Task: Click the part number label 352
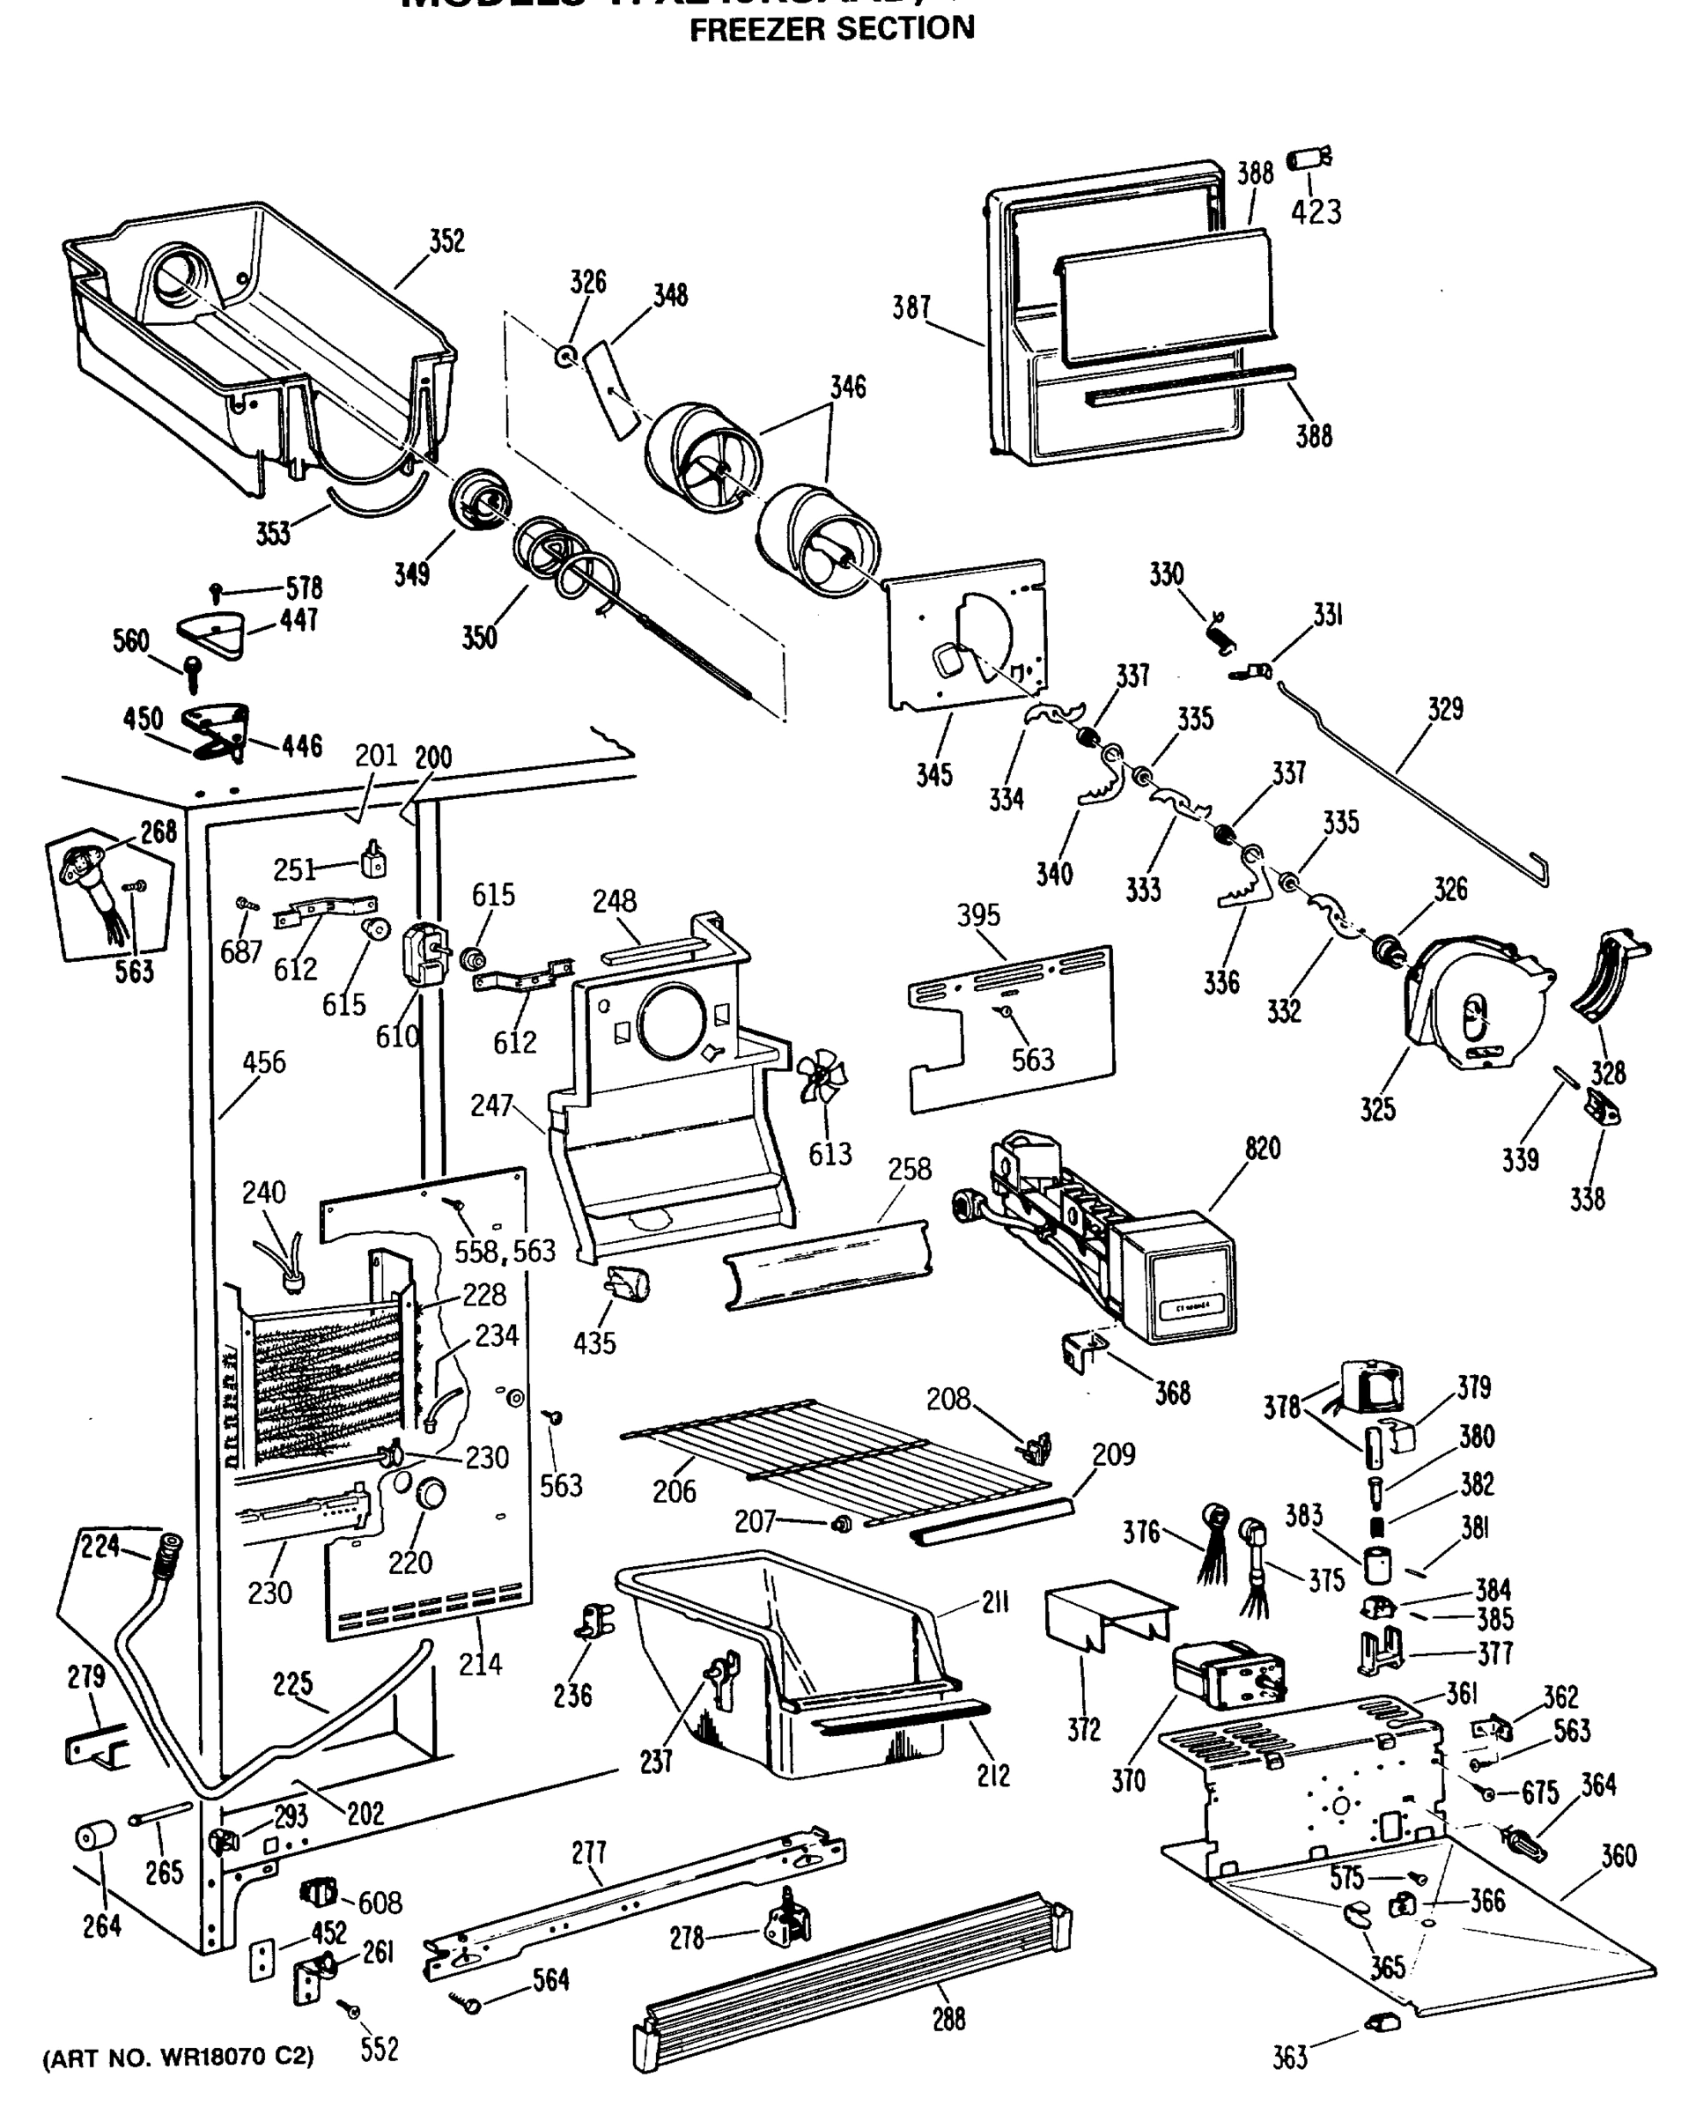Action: pyautogui.click(x=447, y=241)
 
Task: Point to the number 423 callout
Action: pyautogui.click(x=1316, y=211)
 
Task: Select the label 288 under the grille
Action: pyautogui.click(x=948, y=2019)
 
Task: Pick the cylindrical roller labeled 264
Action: pyautogui.click(x=94, y=1837)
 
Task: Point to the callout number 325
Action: pyautogui.click(x=1377, y=1109)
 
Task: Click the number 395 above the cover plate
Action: pyautogui.click(x=978, y=915)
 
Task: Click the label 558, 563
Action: pyautogui.click(x=504, y=1251)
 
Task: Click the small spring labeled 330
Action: pyautogui.click(x=1221, y=632)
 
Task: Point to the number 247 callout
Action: pyautogui.click(x=491, y=1105)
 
